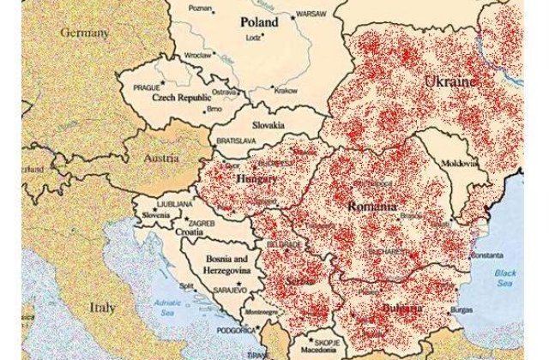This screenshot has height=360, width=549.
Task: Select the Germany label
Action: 85,33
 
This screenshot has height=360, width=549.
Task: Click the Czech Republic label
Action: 181,99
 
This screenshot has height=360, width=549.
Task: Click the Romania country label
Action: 371,207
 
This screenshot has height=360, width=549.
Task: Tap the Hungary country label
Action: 255,179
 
